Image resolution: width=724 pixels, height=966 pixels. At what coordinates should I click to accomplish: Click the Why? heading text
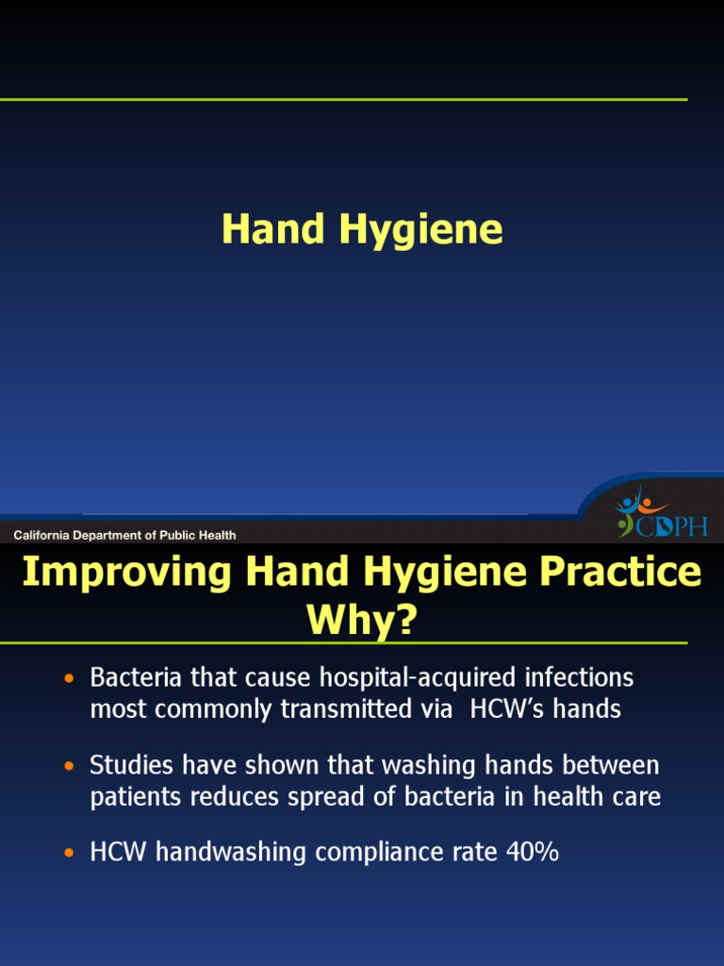pos(361,622)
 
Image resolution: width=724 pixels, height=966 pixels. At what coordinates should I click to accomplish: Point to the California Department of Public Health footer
pos(124,535)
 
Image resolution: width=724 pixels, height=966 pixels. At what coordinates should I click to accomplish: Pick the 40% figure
pos(532,852)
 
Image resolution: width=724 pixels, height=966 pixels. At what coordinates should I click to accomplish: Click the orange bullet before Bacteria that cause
pos(68,678)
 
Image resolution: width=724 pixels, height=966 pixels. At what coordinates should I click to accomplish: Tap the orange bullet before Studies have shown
pos(68,765)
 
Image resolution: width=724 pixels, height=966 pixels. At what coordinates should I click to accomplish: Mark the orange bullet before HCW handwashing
pos(68,853)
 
